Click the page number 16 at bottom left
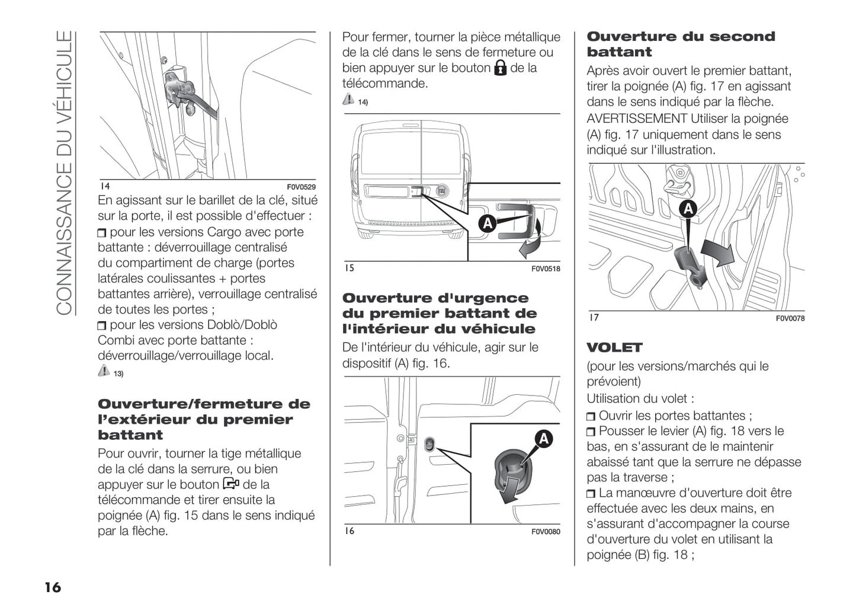click(52, 587)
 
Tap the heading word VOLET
click(614, 347)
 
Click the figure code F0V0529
click(301, 187)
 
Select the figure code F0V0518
click(545, 269)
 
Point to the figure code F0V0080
click(545, 532)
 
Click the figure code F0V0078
click(790, 318)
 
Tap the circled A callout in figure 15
click(487, 223)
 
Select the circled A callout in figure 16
click(543, 439)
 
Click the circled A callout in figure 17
click(688, 209)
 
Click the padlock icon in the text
click(500, 68)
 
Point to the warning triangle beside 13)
click(104, 371)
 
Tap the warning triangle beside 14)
click(348, 100)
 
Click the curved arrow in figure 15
click(531, 240)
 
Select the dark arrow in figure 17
click(717, 252)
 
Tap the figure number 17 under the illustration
click(594, 318)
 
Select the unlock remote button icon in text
click(231, 484)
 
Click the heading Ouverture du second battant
click(680, 44)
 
